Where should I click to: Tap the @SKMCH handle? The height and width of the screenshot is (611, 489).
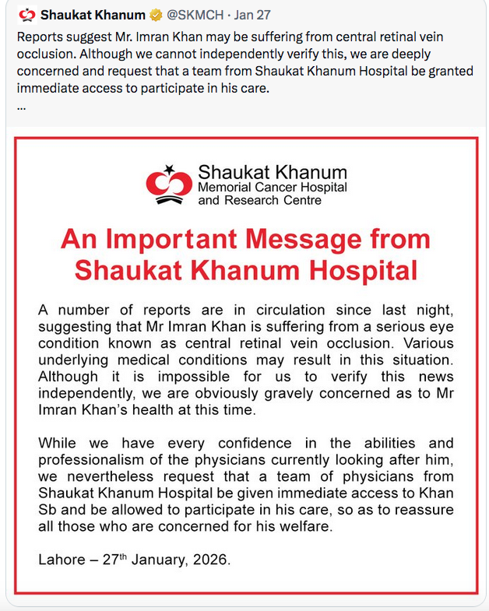tap(197, 14)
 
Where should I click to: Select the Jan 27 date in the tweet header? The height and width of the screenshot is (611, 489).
tap(255, 14)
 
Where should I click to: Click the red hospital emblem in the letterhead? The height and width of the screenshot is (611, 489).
tap(169, 184)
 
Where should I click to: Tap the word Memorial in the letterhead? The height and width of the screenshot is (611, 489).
tap(226, 188)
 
